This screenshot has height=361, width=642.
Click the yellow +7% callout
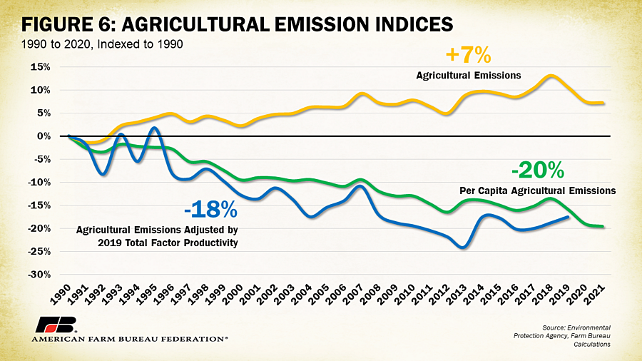click(468, 55)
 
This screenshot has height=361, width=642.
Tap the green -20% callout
click(538, 171)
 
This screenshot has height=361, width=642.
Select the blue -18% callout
click(210, 209)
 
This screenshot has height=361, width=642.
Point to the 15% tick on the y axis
click(40, 67)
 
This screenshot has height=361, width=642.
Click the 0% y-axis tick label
click(44, 136)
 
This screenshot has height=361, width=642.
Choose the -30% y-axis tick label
click(39, 275)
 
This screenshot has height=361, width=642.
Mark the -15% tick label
click(39, 205)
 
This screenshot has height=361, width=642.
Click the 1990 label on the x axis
click(60, 294)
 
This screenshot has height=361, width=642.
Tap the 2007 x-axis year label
click(353, 294)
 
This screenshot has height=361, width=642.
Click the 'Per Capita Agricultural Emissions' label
click(538, 190)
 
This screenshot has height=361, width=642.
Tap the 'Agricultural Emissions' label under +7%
click(469, 76)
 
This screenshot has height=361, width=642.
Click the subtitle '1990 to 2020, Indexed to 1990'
click(102, 44)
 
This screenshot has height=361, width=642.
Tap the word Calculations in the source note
click(591, 345)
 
